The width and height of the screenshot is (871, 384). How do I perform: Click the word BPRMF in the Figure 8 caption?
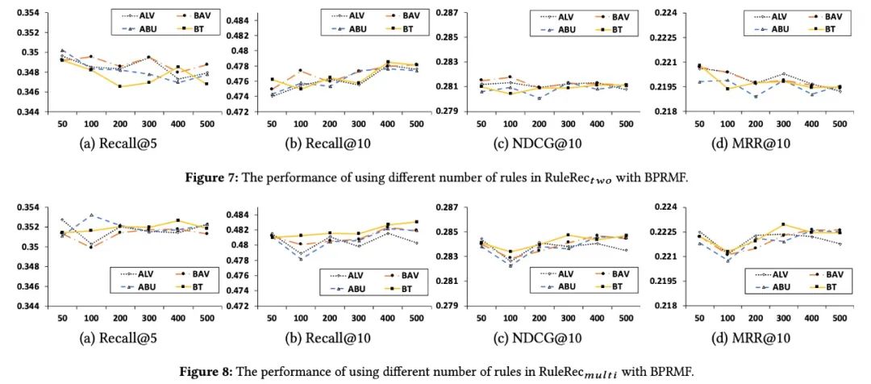tap(669, 372)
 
